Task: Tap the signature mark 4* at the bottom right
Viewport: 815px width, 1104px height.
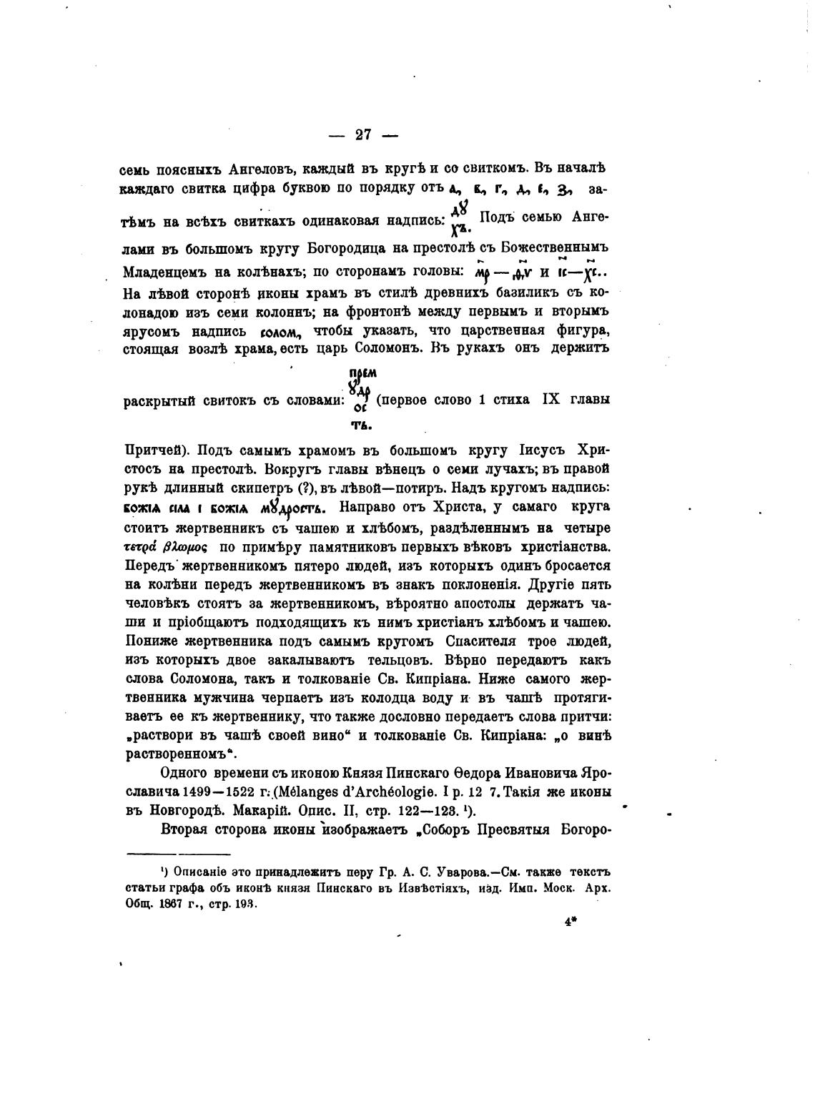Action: (x=570, y=922)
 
